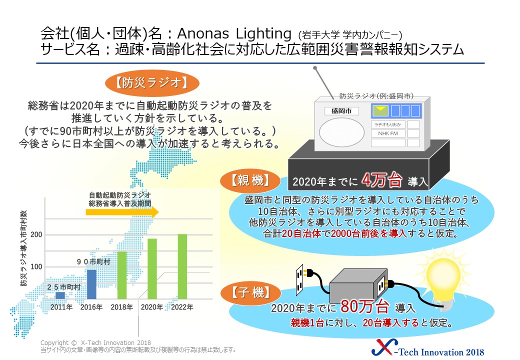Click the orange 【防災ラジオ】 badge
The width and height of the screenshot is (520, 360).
[152, 83]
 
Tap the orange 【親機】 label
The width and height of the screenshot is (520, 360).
[250, 181]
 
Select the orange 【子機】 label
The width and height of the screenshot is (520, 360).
[250, 292]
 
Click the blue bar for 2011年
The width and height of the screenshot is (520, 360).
[60, 295]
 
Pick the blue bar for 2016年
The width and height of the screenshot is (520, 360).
[91, 284]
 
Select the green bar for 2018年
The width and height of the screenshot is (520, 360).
[121, 275]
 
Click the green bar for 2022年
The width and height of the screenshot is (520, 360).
[182, 266]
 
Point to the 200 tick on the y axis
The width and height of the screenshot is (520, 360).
[36, 234]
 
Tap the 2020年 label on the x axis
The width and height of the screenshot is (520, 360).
[152, 307]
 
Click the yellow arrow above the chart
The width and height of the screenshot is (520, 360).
[122, 212]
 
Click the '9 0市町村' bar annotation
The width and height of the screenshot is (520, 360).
[93, 262]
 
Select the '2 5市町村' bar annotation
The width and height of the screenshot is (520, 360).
[63, 287]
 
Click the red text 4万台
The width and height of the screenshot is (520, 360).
[381, 180]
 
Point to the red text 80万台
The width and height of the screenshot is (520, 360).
[364, 306]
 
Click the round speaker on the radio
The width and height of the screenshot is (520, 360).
[341, 132]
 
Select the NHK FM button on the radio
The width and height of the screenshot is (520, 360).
[388, 133]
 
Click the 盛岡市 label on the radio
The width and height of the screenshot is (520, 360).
[341, 111]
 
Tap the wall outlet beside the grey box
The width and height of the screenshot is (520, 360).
[300, 279]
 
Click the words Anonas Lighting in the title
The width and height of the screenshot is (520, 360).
[234, 33]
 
